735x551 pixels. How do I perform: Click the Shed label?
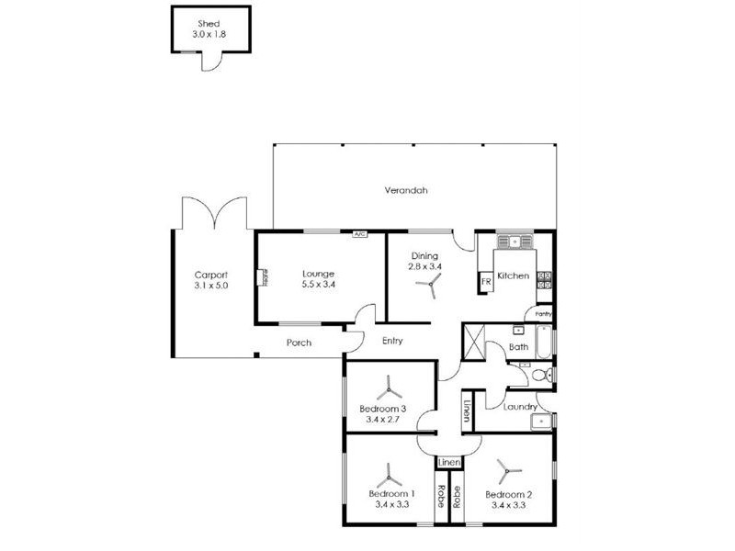pos(209,24)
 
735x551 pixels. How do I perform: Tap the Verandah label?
pos(406,190)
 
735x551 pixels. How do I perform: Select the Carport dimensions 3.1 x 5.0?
pos(211,286)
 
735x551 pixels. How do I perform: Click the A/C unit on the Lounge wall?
pos(359,233)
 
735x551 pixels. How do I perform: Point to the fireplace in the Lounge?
pos(262,277)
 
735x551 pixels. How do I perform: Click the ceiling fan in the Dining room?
pos(428,285)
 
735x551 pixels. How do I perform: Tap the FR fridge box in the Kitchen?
pos(486,282)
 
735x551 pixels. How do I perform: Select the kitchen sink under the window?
pos(515,242)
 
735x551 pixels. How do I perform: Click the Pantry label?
pos(543,314)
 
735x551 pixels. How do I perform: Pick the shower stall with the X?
pos(473,342)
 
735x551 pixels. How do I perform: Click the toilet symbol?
pos(544,375)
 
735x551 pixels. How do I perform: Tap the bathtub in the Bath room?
pos(544,342)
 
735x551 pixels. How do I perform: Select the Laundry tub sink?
pos(541,422)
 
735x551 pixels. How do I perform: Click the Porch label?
pos(300,343)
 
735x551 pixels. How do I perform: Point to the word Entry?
pos(392,341)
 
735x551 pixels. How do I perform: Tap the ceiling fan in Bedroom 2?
pos(508,471)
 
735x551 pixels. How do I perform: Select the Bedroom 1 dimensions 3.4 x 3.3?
pos(392,504)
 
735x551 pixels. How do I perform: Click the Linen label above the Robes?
pos(449,463)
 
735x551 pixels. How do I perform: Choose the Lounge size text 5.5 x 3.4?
pos(318,284)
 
